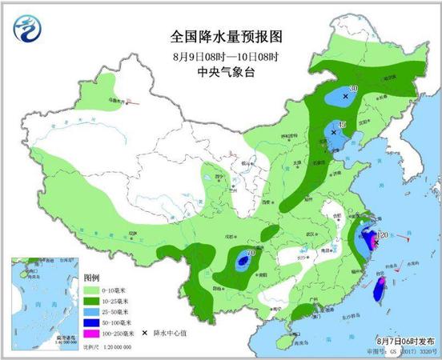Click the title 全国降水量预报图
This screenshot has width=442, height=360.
pos(216,37)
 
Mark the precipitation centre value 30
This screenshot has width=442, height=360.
pos(353,89)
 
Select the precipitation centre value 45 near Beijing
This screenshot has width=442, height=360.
pos(342,125)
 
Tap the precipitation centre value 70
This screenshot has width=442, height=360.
pos(251,254)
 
